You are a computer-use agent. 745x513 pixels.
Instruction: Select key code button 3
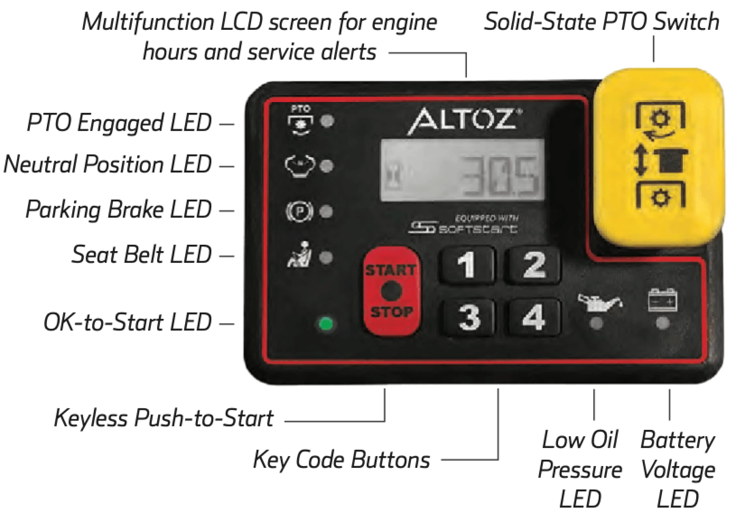[469, 317]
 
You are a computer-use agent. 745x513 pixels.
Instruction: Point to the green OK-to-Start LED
[326, 323]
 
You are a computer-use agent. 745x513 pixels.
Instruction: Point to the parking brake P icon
[299, 212]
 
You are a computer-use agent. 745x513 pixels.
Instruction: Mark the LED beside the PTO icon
[327, 121]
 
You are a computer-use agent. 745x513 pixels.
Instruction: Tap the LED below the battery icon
[662, 323]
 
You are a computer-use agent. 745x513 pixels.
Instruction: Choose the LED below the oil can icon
[596, 323]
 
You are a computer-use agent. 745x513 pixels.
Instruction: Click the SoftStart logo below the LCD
[463, 225]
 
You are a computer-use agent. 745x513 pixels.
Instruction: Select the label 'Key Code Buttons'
[342, 459]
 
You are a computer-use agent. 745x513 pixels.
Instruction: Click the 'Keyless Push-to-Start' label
[164, 418]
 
